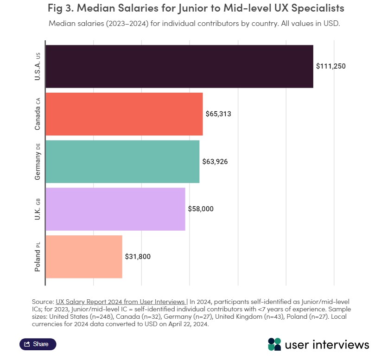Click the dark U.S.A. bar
179,66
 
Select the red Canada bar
124,114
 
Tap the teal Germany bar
122,161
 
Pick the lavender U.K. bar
115,209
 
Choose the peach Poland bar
83,256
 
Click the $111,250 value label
331,66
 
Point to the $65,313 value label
218,114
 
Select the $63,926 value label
215,162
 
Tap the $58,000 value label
201,209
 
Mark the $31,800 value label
138,256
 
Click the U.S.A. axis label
38,67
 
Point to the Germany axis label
38,162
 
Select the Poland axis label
38,257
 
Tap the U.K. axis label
38,209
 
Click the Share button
38,344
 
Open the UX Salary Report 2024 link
120,301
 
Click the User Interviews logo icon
274,344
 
